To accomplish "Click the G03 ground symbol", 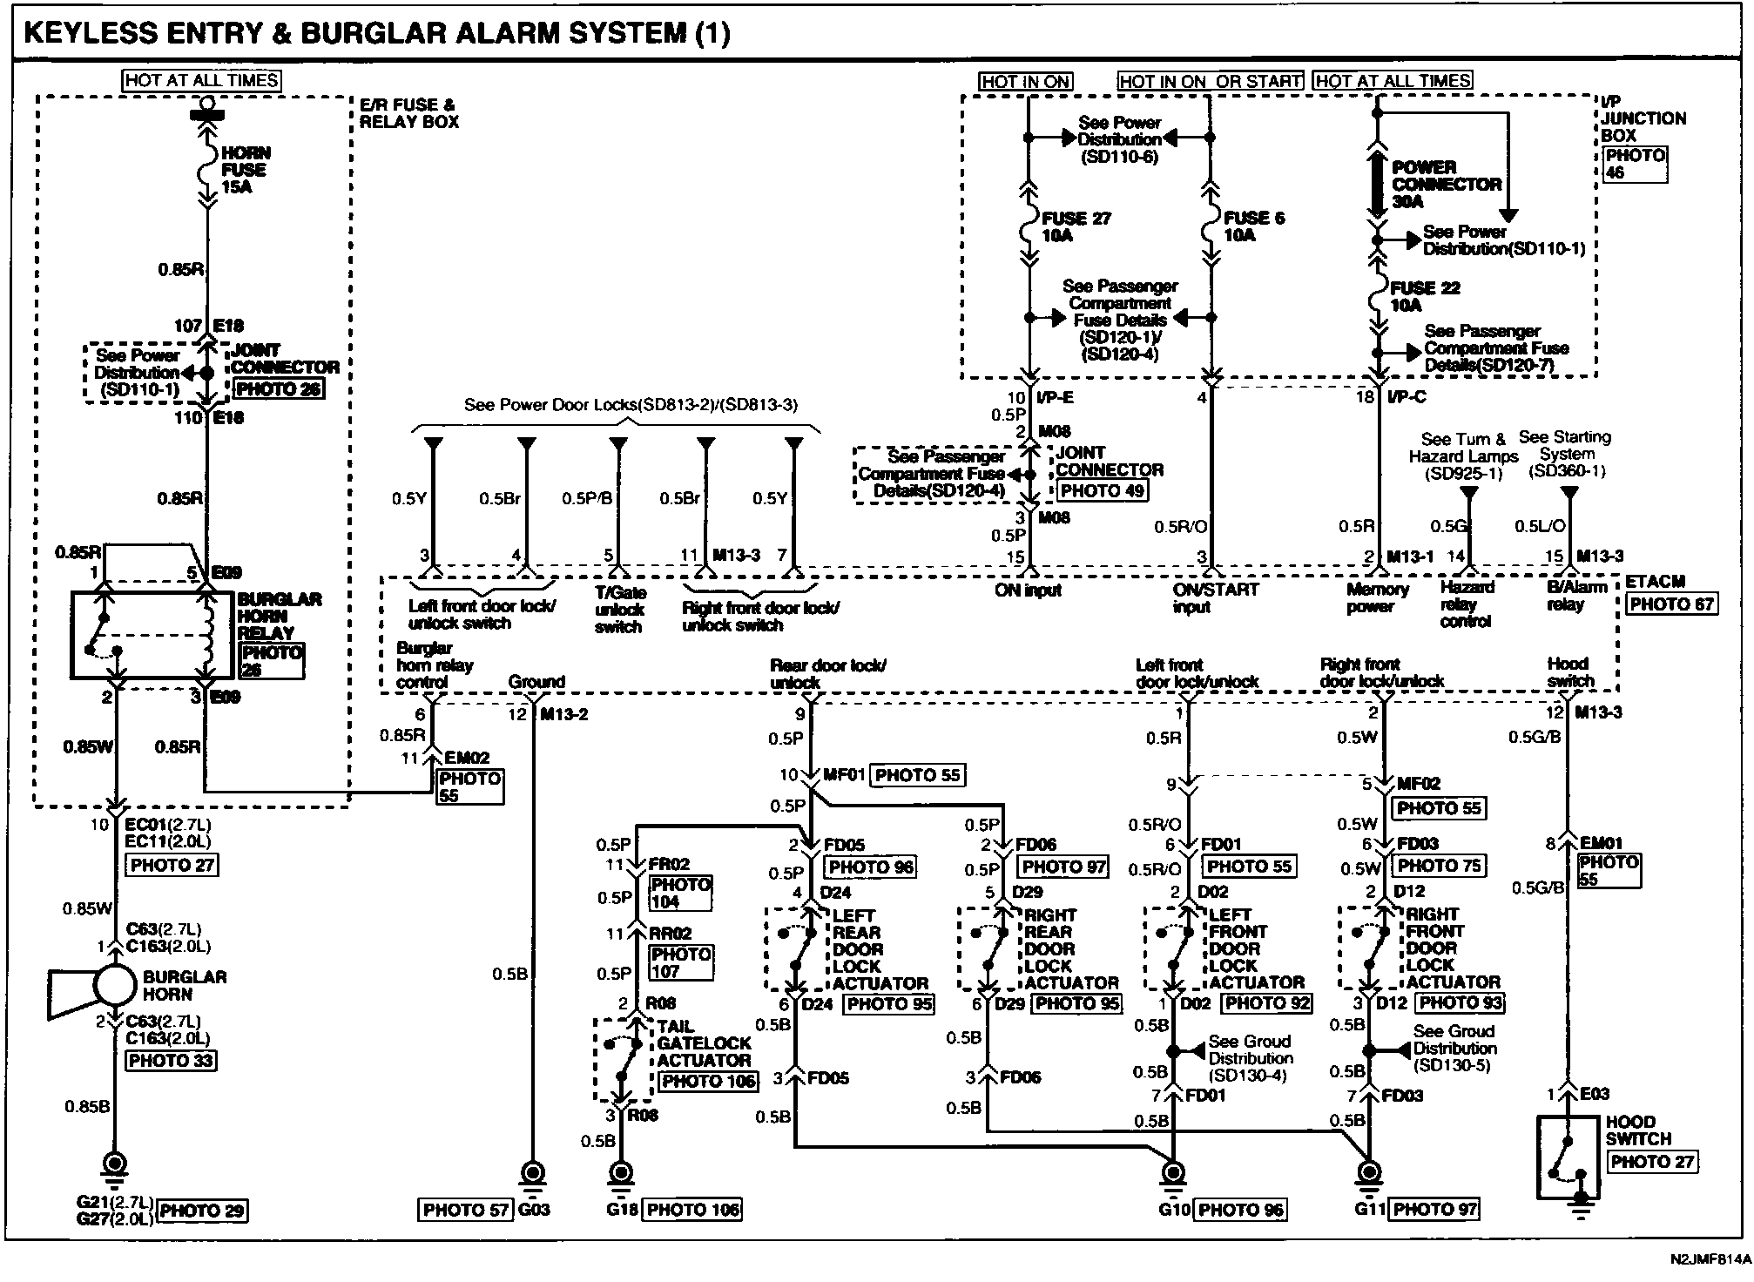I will tap(531, 1172).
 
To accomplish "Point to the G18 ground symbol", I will tap(621, 1172).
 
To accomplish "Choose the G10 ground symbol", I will tap(1173, 1172).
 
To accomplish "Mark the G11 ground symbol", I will tap(1369, 1172).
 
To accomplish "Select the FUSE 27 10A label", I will tap(1075, 226).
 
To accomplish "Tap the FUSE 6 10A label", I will tap(1253, 226).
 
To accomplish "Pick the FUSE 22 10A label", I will tap(1425, 296).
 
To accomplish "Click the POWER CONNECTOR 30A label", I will tap(1445, 184).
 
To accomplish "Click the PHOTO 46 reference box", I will tap(1635, 164).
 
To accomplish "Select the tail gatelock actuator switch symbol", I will tap(623, 1060).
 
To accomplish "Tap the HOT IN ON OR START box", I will tap(1211, 81).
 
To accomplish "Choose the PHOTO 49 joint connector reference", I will tap(1101, 490).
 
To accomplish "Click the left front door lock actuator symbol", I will tap(1175, 948).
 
